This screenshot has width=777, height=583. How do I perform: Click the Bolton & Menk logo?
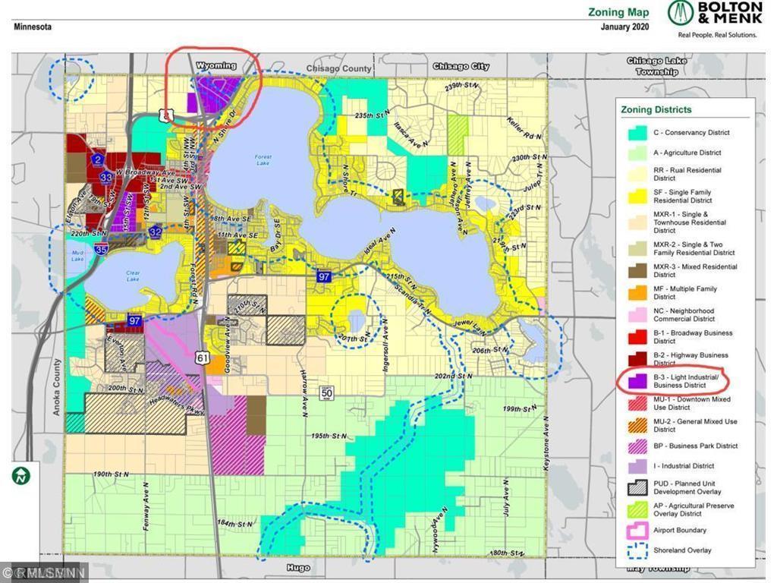(x=715, y=20)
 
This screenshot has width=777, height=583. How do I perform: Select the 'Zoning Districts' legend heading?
(x=656, y=109)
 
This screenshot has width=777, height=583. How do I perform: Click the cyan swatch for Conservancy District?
(x=636, y=133)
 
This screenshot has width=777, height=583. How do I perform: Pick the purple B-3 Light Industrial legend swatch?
(x=636, y=380)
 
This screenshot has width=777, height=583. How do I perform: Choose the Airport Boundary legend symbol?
(x=636, y=531)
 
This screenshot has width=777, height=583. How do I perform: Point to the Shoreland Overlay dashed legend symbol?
(x=636, y=550)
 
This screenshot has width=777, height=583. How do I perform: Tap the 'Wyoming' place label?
(x=216, y=66)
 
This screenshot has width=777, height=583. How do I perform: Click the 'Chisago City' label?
(x=461, y=67)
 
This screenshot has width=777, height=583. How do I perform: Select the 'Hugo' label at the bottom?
(x=298, y=567)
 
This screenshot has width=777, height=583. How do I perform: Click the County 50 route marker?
(x=327, y=392)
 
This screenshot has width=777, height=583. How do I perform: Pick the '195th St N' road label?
(x=328, y=436)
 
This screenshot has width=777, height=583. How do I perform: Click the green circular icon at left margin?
(x=21, y=476)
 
